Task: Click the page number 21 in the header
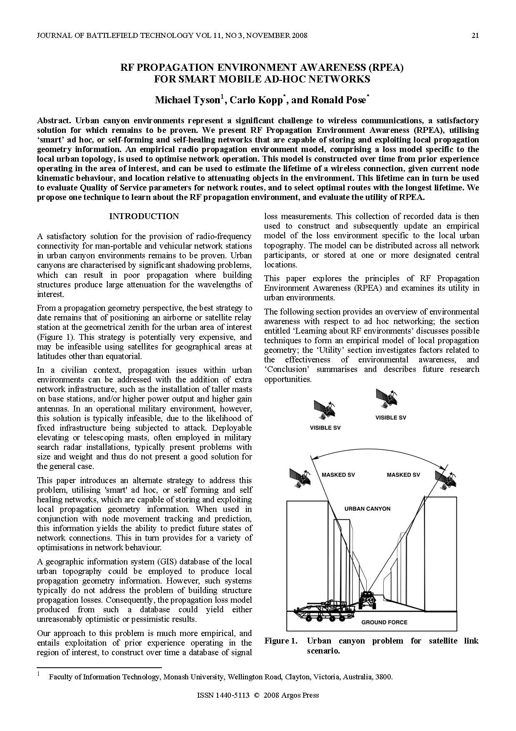pos(475,35)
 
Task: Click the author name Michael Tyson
pos(188,100)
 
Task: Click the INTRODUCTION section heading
pos(144,216)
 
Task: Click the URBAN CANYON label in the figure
pos(367,509)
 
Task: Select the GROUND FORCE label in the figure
pos(384,622)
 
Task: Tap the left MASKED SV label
pos(338,475)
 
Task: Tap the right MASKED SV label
pos(403,475)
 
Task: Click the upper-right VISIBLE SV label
pos(390,418)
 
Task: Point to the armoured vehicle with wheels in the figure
pos(321,611)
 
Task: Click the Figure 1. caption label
pos(281,641)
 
